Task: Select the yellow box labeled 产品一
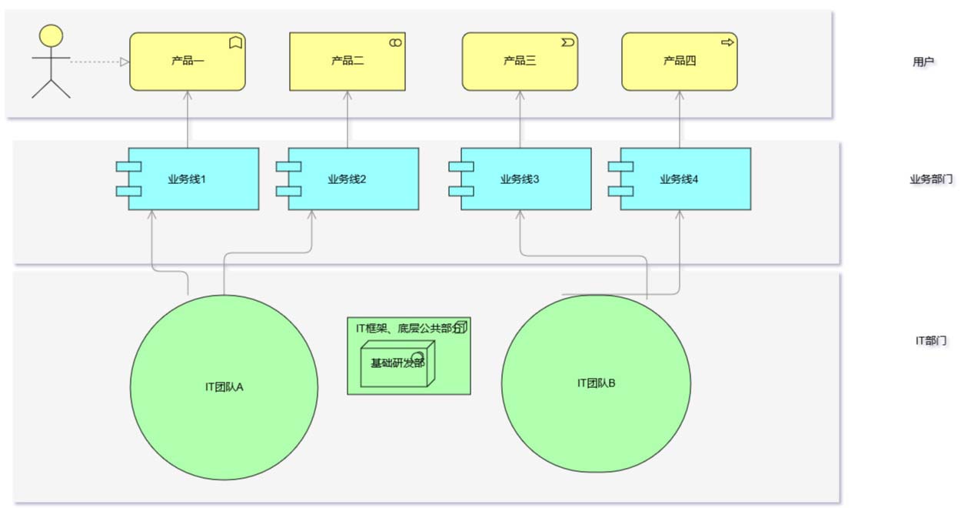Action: (x=187, y=62)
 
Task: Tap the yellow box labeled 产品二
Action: (x=347, y=62)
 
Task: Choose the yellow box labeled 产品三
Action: (x=519, y=62)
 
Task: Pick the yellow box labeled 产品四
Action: (x=679, y=62)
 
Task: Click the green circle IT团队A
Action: (x=224, y=386)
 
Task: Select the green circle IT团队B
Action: (x=596, y=383)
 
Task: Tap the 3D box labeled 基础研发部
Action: (x=397, y=363)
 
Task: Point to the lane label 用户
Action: (x=923, y=62)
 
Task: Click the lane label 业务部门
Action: (x=931, y=179)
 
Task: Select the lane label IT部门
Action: (x=930, y=340)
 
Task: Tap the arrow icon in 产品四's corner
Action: (x=727, y=43)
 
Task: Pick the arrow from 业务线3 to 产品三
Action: (x=520, y=119)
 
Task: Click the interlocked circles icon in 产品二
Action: (x=395, y=43)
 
